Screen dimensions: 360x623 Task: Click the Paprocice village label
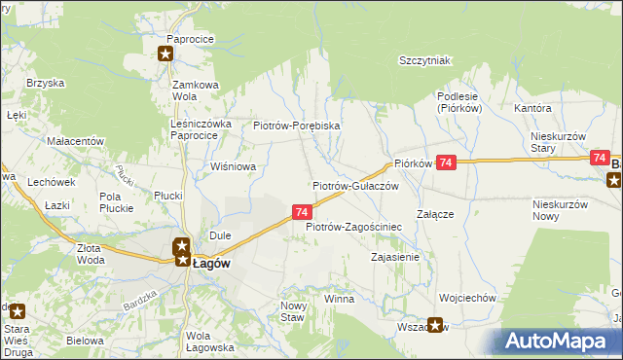point(190,39)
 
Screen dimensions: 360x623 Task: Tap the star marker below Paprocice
point(165,54)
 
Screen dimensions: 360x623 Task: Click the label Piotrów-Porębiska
point(296,126)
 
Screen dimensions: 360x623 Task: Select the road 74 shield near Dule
point(302,211)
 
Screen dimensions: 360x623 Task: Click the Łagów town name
point(211,262)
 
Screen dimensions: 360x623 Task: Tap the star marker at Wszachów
point(435,327)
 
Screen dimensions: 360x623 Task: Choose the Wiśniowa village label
point(233,166)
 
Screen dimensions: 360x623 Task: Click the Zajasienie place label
point(395,257)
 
